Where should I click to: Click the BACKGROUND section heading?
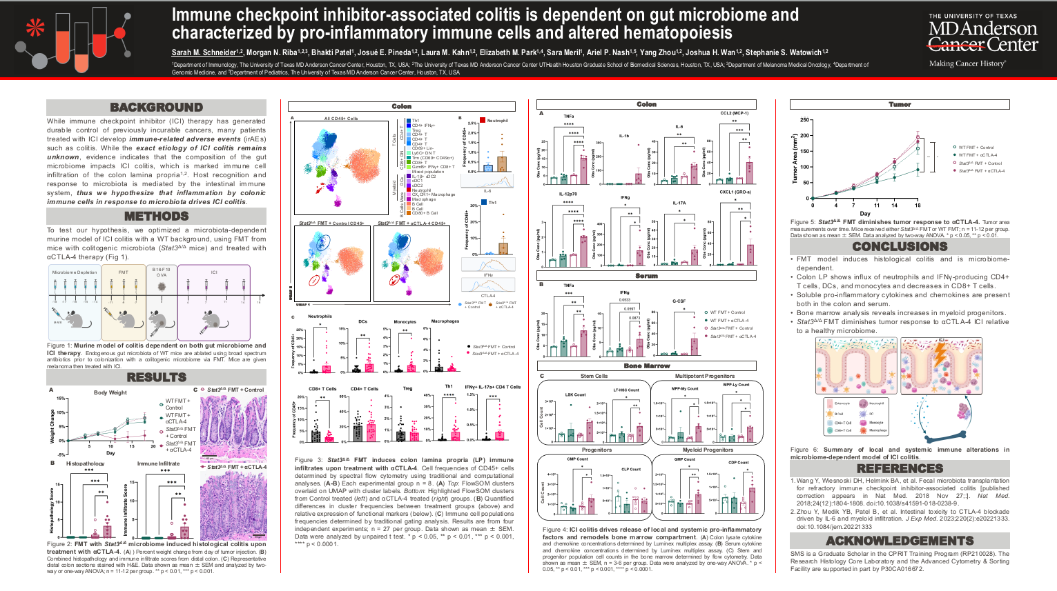pyautogui.click(x=156, y=107)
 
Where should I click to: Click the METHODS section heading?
pyautogui.click(x=156, y=216)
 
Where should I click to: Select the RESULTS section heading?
pyautogui.click(x=156, y=377)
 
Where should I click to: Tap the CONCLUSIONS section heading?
pyautogui.click(x=900, y=246)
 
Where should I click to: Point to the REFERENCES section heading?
pyautogui.click(x=900, y=468)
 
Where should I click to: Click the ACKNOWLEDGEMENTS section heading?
pyautogui.click(x=900, y=541)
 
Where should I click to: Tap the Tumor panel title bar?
pyautogui.click(x=900, y=104)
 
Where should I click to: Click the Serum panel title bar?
pyautogui.click(x=646, y=276)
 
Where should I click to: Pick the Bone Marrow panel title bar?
pyautogui.click(x=646, y=365)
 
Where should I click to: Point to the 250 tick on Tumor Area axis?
pyautogui.click(x=804, y=120)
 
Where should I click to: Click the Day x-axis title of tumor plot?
pyautogui.click(x=865, y=213)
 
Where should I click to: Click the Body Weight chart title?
pyautogui.click(x=110, y=392)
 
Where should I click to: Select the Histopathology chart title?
pyautogui.click(x=85, y=463)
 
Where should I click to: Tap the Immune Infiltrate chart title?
pyautogui.click(x=158, y=463)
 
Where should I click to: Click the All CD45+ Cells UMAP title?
pyautogui.click(x=341, y=119)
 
